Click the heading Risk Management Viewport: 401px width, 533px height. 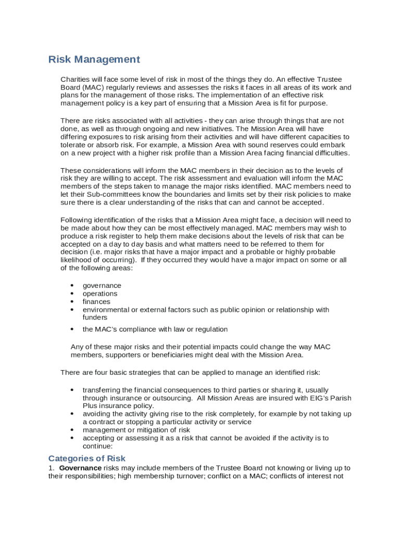click(x=94, y=59)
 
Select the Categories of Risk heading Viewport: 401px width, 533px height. click(x=87, y=459)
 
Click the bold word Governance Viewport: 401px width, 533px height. click(x=80, y=468)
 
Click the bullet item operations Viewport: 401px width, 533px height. click(x=100, y=294)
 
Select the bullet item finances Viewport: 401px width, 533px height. click(x=96, y=301)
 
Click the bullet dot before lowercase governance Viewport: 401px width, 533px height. click(x=72, y=286)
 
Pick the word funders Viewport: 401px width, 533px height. click(x=95, y=318)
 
